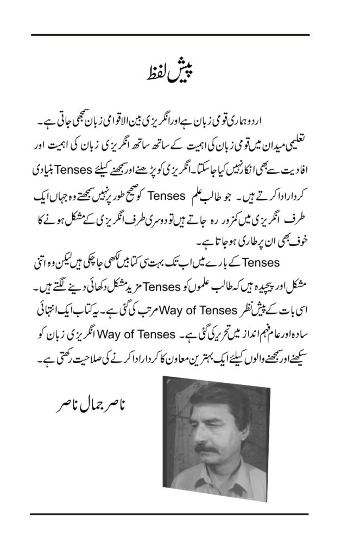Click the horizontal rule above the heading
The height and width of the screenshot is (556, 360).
(170, 35)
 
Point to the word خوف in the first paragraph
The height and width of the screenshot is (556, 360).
(302, 235)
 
